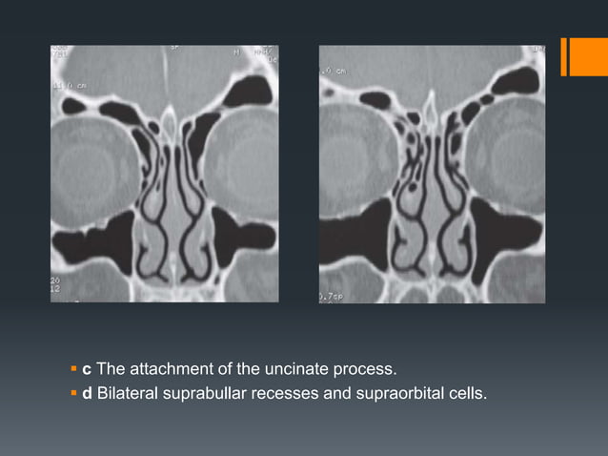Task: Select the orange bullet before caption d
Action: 74,390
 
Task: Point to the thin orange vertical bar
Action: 563,56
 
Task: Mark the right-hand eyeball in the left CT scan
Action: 242,162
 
